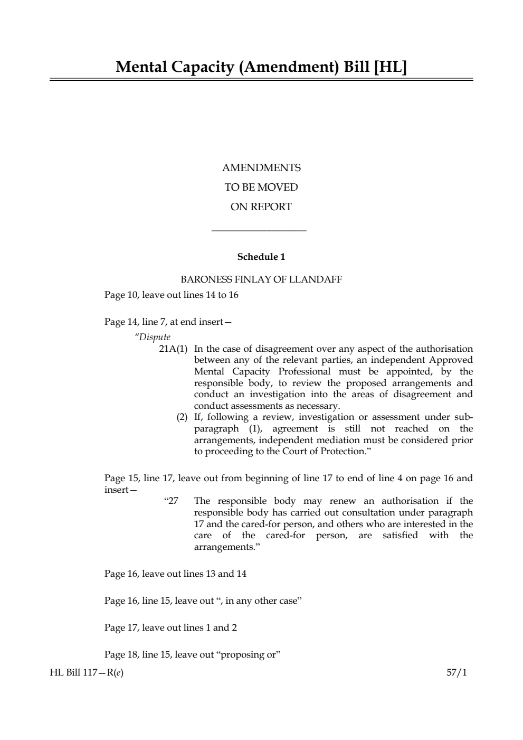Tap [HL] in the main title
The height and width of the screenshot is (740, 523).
pos(390,67)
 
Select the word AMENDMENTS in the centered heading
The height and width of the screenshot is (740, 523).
pos(261,168)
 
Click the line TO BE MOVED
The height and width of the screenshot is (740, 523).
pos(261,188)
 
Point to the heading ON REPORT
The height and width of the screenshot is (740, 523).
pos(261,207)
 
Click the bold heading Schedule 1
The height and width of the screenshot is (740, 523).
pos(261,257)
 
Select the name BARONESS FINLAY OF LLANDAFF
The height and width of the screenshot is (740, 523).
pos(261,279)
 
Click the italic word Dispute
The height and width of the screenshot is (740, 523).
pos(154,337)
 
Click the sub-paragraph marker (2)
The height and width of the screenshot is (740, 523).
pos(182,417)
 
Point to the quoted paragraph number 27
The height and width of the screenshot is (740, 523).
pos(173,501)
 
